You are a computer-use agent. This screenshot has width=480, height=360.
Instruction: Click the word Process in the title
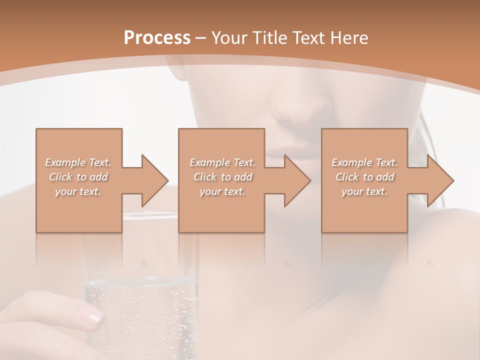157,37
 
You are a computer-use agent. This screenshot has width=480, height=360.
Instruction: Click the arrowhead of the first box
154,180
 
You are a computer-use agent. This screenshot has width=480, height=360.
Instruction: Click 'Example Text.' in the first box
78,162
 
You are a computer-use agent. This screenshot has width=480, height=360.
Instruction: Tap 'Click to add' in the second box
222,177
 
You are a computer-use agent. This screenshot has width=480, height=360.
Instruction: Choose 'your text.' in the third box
364,191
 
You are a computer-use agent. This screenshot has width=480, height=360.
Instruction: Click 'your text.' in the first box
78,191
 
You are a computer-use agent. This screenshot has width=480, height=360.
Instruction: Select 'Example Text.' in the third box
364,162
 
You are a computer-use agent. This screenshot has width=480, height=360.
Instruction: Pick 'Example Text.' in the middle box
222,162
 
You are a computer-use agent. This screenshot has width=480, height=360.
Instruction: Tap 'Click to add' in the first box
78,177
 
